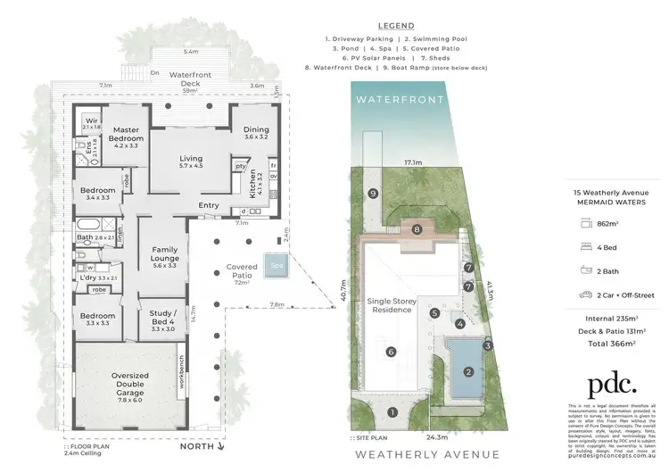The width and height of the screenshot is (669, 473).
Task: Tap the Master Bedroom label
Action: pyautogui.click(x=126, y=134)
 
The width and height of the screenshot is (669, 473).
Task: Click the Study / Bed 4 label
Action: pyautogui.click(x=163, y=319)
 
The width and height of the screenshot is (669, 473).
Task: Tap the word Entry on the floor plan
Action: pyautogui.click(x=209, y=205)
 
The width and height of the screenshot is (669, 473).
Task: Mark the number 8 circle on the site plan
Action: pyautogui.click(x=417, y=229)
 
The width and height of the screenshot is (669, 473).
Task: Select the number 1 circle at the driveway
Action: pyautogui.click(x=393, y=411)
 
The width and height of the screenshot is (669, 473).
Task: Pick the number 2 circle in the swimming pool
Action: pyautogui.click(x=467, y=371)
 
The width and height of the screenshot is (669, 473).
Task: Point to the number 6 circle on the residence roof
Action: pyautogui.click(x=391, y=352)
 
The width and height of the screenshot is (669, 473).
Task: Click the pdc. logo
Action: pyautogui.click(x=611, y=385)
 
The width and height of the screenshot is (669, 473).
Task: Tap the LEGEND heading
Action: pyautogui.click(x=396, y=28)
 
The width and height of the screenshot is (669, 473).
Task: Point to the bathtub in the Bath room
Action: pyautogui.click(x=87, y=222)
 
